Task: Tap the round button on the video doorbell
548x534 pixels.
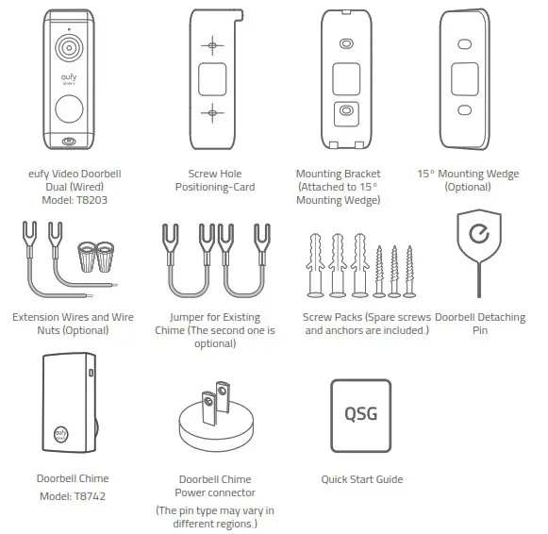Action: point(69,110)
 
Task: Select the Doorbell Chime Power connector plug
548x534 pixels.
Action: point(216,415)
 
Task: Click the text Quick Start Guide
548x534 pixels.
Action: point(361,479)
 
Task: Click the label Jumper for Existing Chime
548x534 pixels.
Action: point(215,318)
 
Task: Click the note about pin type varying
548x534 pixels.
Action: point(215,517)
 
